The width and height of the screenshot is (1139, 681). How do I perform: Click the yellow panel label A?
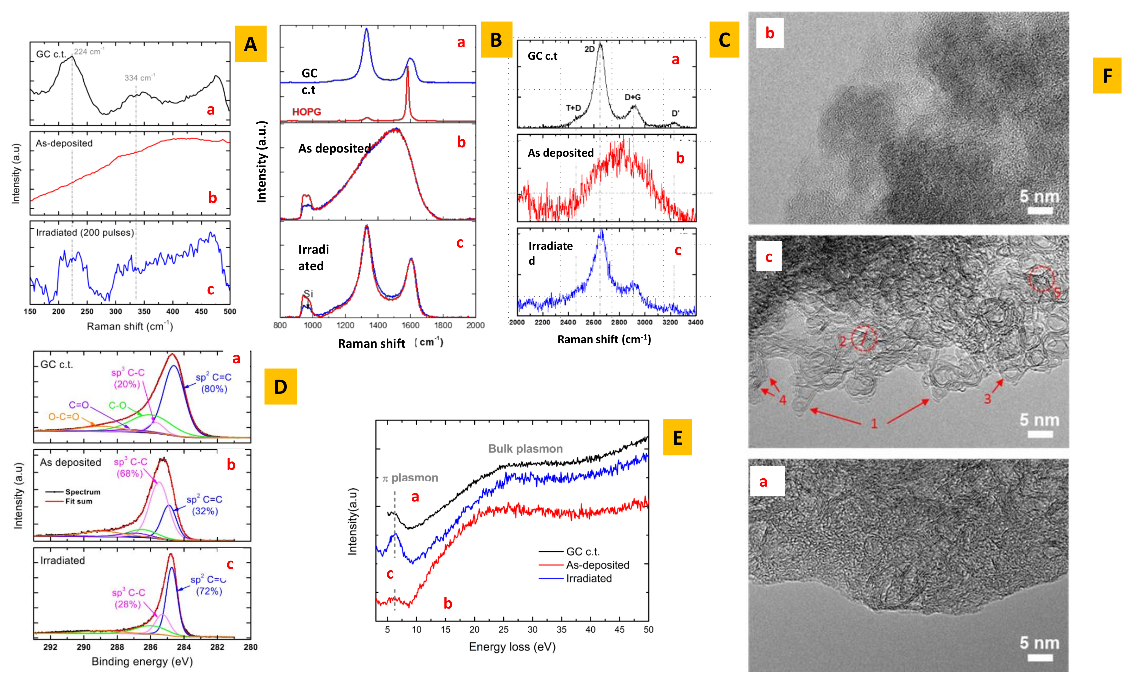[x=250, y=44]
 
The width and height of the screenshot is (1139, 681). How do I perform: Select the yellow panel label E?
[x=677, y=437]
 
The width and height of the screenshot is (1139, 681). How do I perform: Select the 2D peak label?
[x=589, y=49]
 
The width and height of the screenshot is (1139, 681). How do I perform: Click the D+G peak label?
[x=632, y=97]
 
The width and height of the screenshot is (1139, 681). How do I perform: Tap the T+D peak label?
[x=573, y=108]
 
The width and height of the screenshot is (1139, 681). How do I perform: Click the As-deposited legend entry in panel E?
[x=597, y=565]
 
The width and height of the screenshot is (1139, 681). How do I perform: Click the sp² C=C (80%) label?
[x=214, y=383]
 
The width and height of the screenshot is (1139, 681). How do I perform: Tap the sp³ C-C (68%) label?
[x=130, y=467]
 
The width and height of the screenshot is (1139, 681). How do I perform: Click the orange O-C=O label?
[x=64, y=417]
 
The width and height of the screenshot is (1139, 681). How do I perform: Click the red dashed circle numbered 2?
[x=864, y=339]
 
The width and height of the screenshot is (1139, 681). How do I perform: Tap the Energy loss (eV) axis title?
[x=512, y=647]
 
